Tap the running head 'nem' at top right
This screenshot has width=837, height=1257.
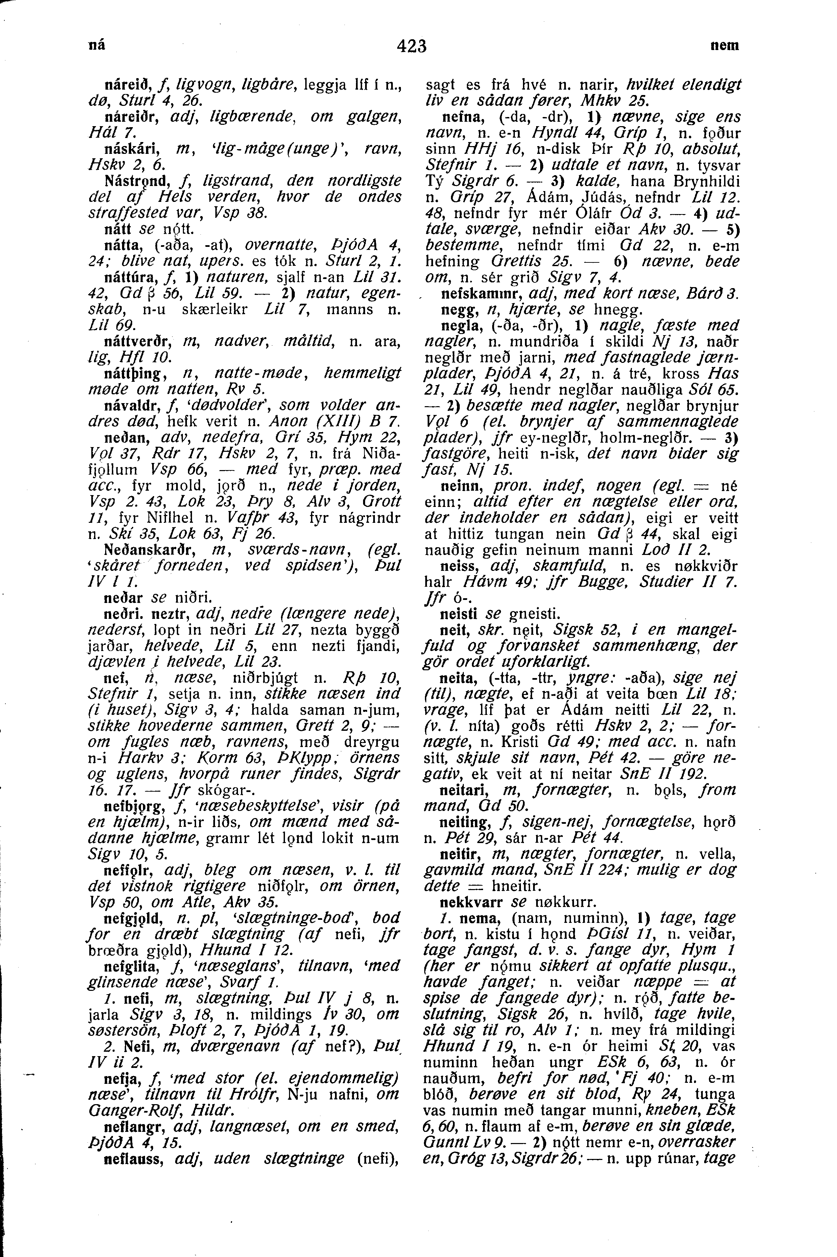pos(724,46)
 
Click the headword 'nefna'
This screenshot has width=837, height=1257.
pos(455,116)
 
